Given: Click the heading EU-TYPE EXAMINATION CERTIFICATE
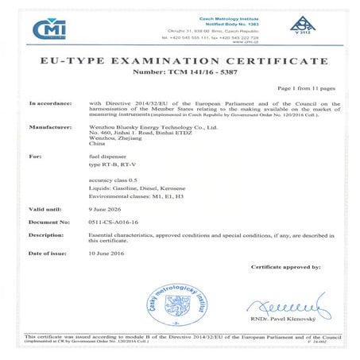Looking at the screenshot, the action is click(x=180, y=61).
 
